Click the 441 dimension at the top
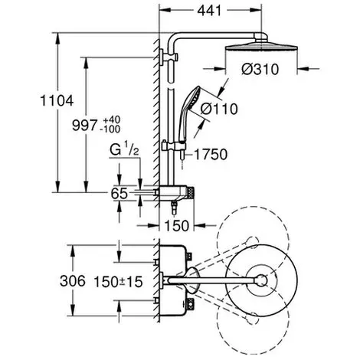pos(209,11)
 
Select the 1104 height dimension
pos(57,100)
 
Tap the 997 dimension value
pos(85,125)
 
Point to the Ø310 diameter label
pos(260,69)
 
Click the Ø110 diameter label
pos(219,109)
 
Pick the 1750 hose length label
pos(211,155)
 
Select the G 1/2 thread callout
pos(124,149)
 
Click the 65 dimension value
pos(119,193)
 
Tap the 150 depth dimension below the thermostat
pos(177,225)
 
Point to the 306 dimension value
pos(73,281)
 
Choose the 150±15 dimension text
pos(118,282)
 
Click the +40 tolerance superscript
pos(111,119)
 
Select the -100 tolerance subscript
pos(110,129)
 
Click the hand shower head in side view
pos(190,113)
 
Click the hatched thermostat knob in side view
pos(191,193)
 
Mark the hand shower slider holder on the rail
pos(174,146)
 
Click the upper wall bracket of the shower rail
pos(169,57)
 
